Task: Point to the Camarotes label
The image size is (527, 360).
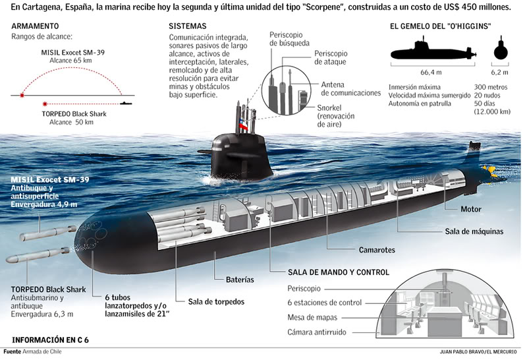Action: [x=377, y=251]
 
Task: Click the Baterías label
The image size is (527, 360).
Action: [x=240, y=280]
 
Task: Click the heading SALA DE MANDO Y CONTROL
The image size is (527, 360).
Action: [x=339, y=272]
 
